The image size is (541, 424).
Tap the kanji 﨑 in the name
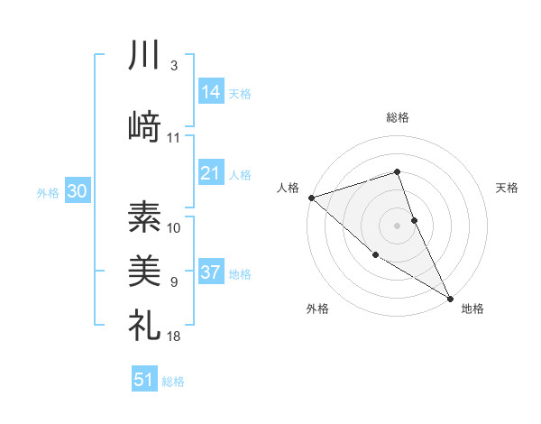tap(144, 126)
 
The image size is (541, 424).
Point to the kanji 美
tap(144, 271)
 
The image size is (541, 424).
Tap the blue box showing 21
tap(211, 173)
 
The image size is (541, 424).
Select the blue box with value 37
tap(211, 272)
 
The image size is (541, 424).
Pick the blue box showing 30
tap(77, 191)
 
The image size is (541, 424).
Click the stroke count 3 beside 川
tap(173, 66)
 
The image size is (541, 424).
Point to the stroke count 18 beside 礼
tap(173, 336)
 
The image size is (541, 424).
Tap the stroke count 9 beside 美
tap(173, 282)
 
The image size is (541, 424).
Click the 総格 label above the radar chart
tap(398, 117)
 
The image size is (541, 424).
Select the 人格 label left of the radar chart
tap(289, 188)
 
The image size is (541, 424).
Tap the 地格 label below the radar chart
tap(472, 309)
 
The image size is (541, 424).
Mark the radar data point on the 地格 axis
tap(450, 298)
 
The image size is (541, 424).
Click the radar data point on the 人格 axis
tap(311, 198)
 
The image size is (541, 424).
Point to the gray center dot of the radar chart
tap(398, 225)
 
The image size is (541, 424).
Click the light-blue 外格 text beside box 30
tap(48, 192)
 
